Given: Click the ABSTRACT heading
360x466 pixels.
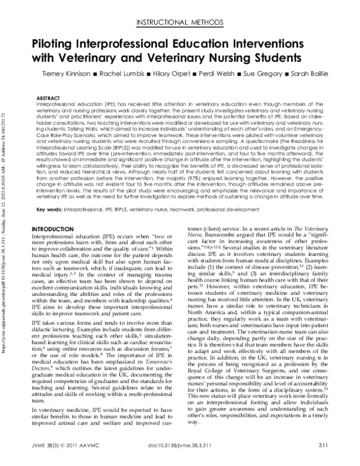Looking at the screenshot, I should pos(49,97).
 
